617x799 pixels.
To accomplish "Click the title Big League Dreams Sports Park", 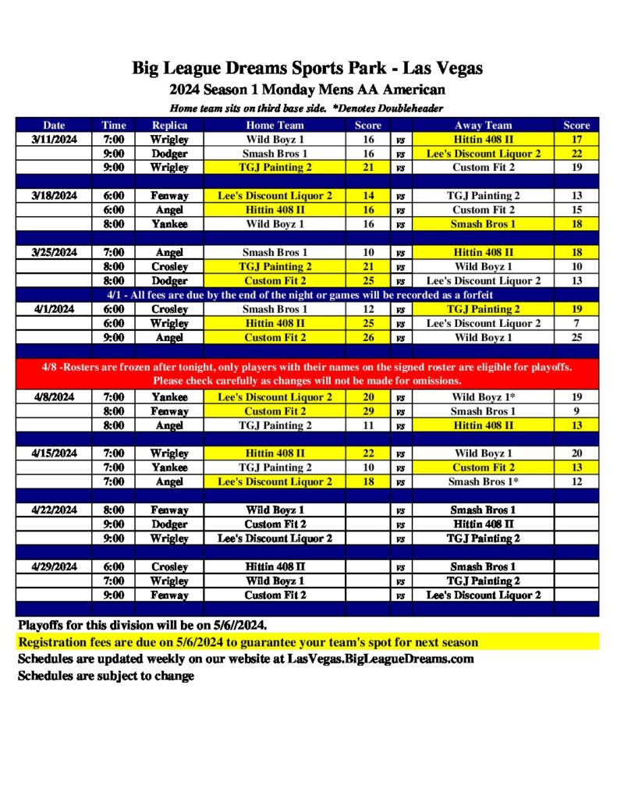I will point(307,69).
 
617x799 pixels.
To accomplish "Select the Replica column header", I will point(169,125).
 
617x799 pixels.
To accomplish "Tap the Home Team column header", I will point(275,125).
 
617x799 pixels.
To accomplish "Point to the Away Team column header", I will point(483,125).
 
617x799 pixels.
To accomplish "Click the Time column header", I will point(113,125).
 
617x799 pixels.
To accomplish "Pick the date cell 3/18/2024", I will point(55,196).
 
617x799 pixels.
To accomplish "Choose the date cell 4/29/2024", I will point(55,566).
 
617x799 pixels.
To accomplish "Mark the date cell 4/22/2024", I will point(55,510).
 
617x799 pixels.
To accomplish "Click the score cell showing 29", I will point(368,411).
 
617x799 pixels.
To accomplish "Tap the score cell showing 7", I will point(576,323).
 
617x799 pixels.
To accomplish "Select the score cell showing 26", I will point(368,337).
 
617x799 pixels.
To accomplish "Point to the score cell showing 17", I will point(576,140).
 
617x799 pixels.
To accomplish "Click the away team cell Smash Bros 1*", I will point(483,481).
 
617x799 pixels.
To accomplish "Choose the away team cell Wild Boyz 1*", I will point(483,396).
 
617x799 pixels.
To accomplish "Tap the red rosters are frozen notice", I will point(307,374).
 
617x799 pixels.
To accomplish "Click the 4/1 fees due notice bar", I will point(307,295).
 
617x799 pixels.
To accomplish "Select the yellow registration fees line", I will point(248,642).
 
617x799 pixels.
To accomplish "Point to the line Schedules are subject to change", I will point(106,676).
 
